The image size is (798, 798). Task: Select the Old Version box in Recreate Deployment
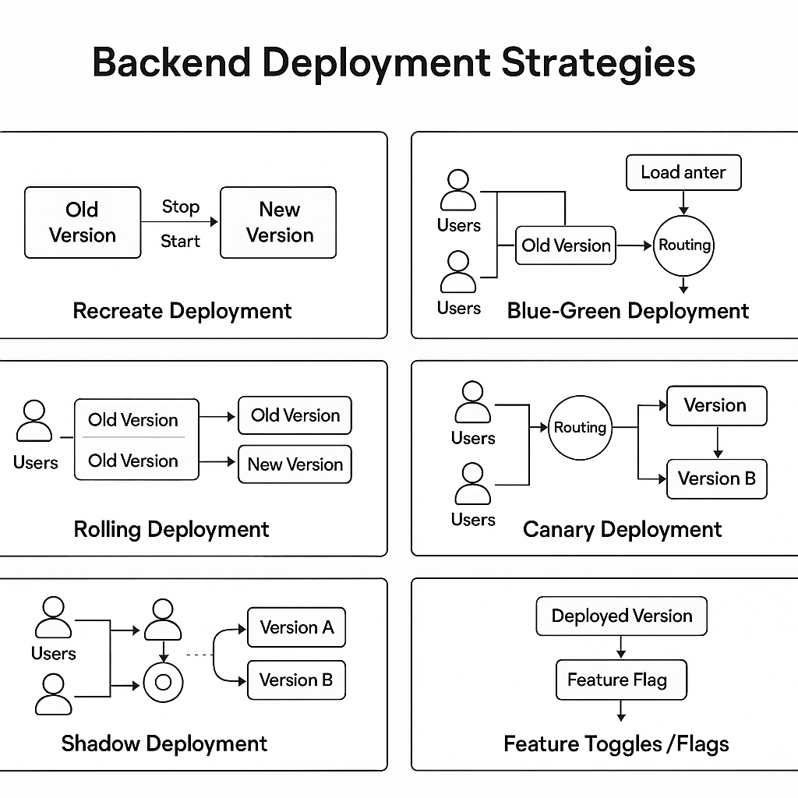(83, 222)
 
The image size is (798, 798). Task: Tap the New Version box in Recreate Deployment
(279, 222)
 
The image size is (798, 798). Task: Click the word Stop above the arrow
(181, 207)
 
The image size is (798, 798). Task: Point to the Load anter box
(683, 172)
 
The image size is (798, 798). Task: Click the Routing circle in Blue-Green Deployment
(684, 245)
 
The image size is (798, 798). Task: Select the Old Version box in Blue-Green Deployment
(566, 245)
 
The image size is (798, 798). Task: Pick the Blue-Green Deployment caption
(627, 311)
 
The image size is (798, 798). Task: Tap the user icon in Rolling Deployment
(35, 422)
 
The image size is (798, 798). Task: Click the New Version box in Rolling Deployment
(295, 464)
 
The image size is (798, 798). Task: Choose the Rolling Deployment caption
(171, 530)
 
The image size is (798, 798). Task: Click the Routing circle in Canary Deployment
(580, 428)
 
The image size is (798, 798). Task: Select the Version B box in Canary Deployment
(717, 478)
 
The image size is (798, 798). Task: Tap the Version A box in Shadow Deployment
(296, 628)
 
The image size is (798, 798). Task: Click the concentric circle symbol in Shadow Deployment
(164, 683)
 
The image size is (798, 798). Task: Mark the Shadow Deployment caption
(164, 743)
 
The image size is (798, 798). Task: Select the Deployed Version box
(621, 616)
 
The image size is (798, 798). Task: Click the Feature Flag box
(621, 680)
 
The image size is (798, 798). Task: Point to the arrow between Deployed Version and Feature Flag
(621, 647)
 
